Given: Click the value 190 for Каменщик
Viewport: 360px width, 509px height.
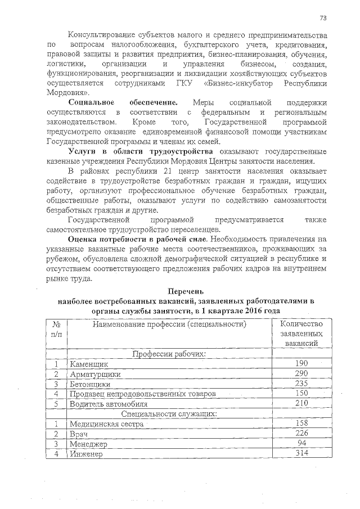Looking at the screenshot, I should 301,363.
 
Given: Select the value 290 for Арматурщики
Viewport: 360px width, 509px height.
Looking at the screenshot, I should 301,373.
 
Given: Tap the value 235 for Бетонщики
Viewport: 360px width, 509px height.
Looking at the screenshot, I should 301,384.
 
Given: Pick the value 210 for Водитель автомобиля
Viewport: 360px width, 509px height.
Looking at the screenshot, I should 301,403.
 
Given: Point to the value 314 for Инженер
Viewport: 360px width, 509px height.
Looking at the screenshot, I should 301,453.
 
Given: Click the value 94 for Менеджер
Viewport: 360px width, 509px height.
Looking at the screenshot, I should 301,443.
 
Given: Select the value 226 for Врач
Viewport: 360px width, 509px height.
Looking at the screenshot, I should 301,433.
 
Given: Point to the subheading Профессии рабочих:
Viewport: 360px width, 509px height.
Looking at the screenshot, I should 169,354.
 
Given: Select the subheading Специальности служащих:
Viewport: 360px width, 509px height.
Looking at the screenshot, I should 169,413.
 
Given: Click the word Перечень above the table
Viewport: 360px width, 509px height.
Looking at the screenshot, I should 186,291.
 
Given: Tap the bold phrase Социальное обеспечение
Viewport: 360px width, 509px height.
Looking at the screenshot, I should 123,102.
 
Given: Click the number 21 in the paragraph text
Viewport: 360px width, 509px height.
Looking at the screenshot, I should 166,171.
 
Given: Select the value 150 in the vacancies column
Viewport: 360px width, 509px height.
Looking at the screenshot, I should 301,393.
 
